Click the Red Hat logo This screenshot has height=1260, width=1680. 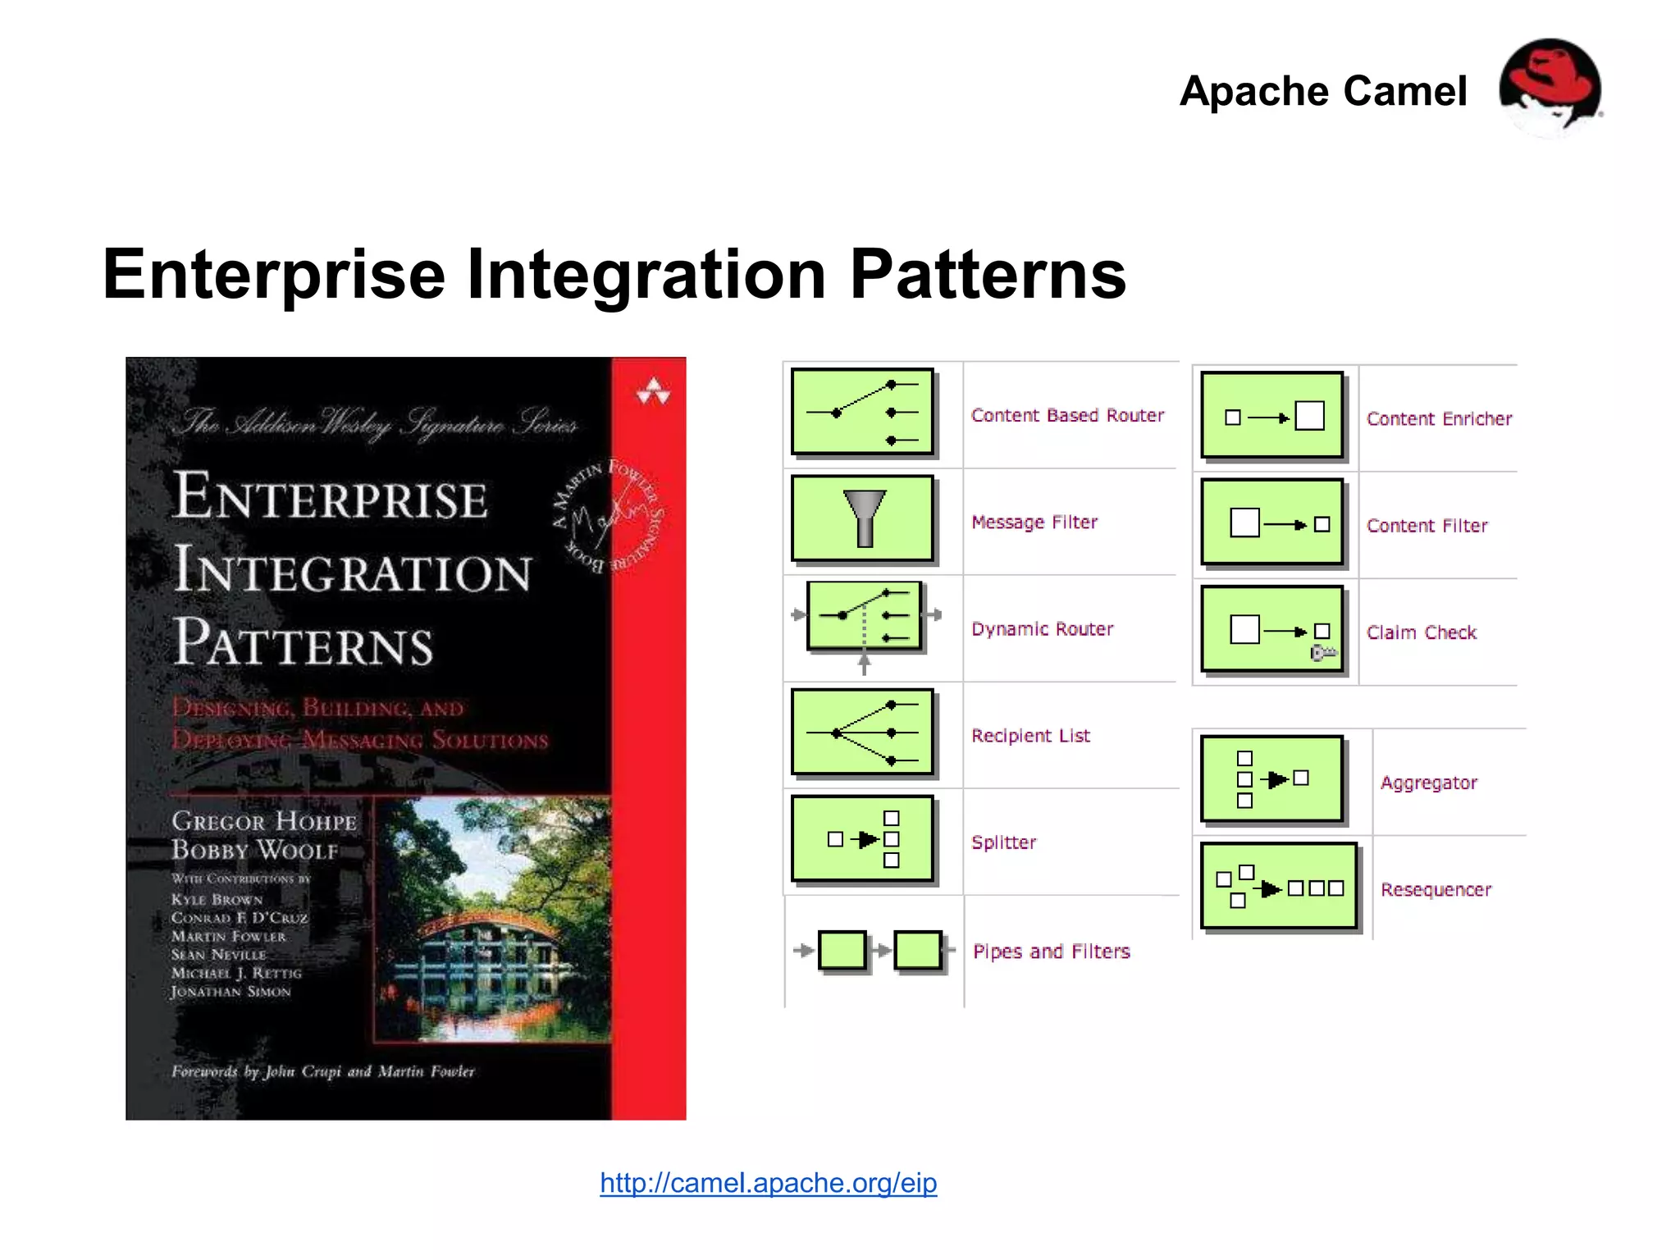tap(1550, 87)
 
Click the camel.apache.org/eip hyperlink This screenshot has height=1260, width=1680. tap(768, 1182)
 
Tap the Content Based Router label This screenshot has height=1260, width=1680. tap(1067, 415)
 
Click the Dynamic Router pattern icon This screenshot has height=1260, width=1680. tap(865, 617)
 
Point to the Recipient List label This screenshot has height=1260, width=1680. tap(1030, 736)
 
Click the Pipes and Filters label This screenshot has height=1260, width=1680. tap(1051, 952)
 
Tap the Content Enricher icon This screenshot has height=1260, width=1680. tap(1272, 416)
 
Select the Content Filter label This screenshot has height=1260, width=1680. tap(1427, 526)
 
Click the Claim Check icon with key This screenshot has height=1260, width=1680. tap(1272, 630)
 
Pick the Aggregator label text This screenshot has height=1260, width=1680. tap(1428, 783)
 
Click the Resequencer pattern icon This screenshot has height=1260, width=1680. tap(1279, 887)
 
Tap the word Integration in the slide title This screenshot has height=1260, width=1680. tap(646, 275)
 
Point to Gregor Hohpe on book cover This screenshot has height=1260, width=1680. tap(264, 821)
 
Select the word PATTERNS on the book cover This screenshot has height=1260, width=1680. tap(304, 643)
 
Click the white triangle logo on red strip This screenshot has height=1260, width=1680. tap(653, 392)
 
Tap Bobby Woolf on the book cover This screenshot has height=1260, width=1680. tap(254, 850)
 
